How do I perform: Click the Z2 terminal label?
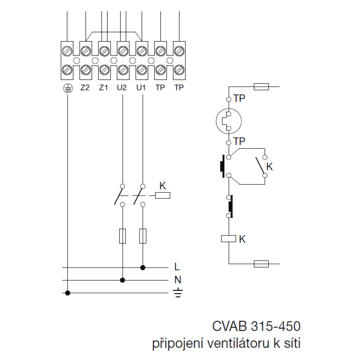tap(85, 87)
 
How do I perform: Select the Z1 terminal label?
tap(104, 87)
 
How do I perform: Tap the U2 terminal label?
tap(122, 87)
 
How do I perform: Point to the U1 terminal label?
tap(141, 87)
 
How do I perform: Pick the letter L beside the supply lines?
tap(177, 267)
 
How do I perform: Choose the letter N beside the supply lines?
tap(177, 280)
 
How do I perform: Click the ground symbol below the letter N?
tap(177, 293)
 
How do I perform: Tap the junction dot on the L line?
tap(143, 267)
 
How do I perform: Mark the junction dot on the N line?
tap(123, 280)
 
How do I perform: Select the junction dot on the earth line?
tap(68, 293)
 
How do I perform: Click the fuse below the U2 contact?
tap(123, 236)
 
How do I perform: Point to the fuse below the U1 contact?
tap(143, 236)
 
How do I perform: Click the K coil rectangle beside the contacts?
tap(163, 195)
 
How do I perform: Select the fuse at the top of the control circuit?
tap(261, 87)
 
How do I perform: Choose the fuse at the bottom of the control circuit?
tap(261, 264)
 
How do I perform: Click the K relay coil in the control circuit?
tap(229, 238)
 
